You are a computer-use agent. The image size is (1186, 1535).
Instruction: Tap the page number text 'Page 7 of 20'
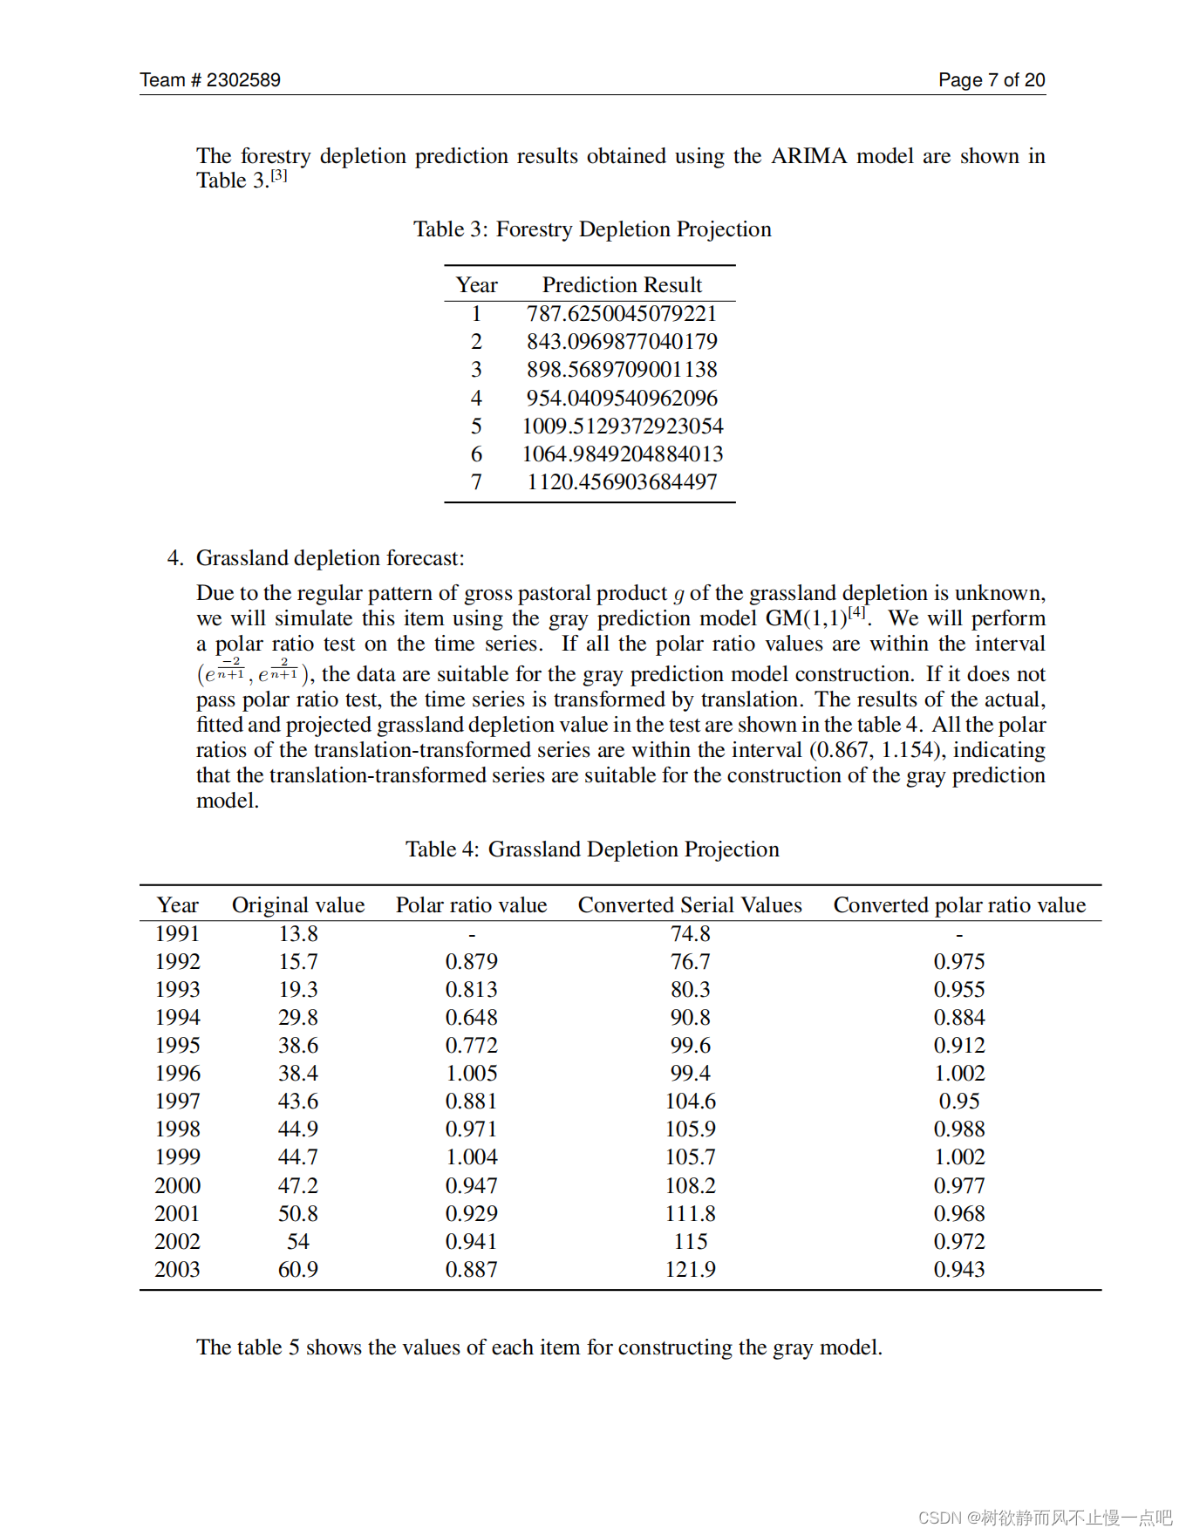tap(992, 80)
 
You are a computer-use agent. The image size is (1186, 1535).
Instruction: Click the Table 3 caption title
tap(592, 229)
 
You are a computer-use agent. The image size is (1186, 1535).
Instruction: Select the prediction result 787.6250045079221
tap(621, 314)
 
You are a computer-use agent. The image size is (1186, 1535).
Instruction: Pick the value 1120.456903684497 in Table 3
tap(622, 482)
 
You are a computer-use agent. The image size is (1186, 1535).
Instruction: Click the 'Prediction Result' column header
tap(622, 285)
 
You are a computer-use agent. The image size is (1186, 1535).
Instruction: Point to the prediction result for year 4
tap(622, 399)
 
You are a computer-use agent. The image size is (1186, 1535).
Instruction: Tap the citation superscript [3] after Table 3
tap(278, 176)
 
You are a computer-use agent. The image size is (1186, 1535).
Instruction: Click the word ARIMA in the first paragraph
tap(808, 156)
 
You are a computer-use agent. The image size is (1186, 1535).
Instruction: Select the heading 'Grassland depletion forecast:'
tap(330, 558)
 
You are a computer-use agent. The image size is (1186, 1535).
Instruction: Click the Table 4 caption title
tap(592, 849)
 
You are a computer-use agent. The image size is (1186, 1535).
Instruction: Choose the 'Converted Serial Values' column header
tap(690, 905)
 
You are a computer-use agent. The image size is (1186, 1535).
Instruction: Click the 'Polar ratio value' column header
tap(471, 905)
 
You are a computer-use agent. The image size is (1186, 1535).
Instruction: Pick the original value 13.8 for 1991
tap(298, 934)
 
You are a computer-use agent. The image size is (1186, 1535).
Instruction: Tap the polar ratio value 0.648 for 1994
tap(471, 1018)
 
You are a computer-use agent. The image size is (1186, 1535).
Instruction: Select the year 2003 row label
tap(177, 1270)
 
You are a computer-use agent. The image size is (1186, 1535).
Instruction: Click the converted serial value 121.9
tap(690, 1270)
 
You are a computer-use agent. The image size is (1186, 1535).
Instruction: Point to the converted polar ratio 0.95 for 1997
tap(959, 1102)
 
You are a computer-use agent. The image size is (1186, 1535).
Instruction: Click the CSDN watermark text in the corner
tap(1045, 1518)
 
